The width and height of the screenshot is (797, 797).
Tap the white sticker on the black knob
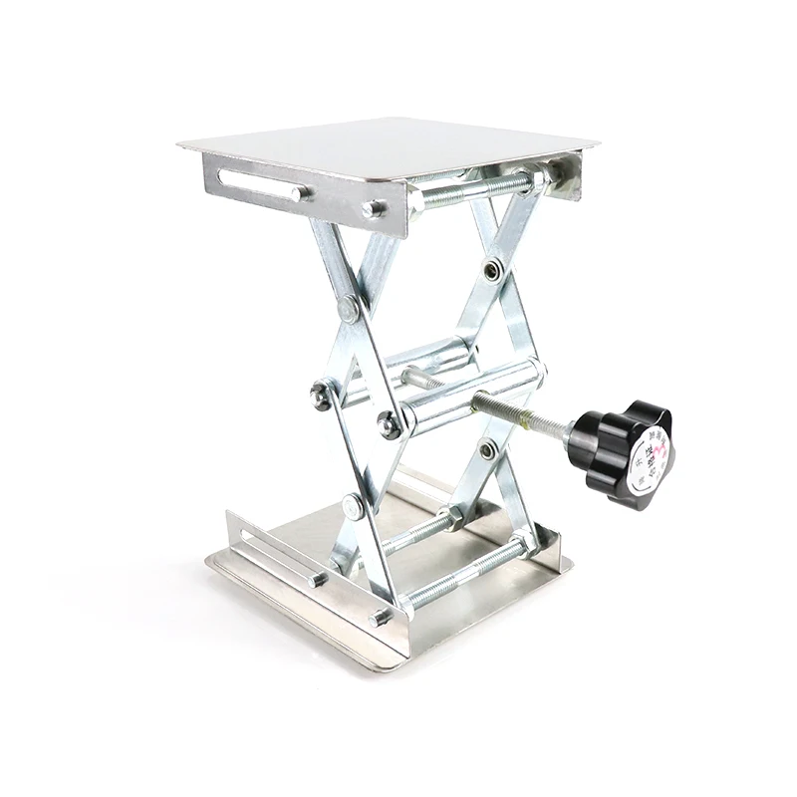pyautogui.click(x=649, y=459)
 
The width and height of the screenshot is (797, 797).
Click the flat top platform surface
pyautogui.click(x=389, y=144)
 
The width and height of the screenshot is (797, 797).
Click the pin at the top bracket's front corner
pyautogui.click(x=373, y=209)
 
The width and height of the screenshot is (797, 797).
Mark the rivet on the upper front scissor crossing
pyautogui.click(x=349, y=308)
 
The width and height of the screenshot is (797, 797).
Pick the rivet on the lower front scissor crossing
pyautogui.click(x=354, y=506)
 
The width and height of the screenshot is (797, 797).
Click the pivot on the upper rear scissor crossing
pyautogui.click(x=493, y=269)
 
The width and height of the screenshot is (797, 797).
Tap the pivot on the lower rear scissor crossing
pyautogui.click(x=488, y=449)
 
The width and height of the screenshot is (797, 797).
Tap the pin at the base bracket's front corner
pyautogui.click(x=380, y=618)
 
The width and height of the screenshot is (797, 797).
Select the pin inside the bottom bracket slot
pyautogui.click(x=317, y=579)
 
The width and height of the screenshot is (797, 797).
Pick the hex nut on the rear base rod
pyautogui.click(x=453, y=518)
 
